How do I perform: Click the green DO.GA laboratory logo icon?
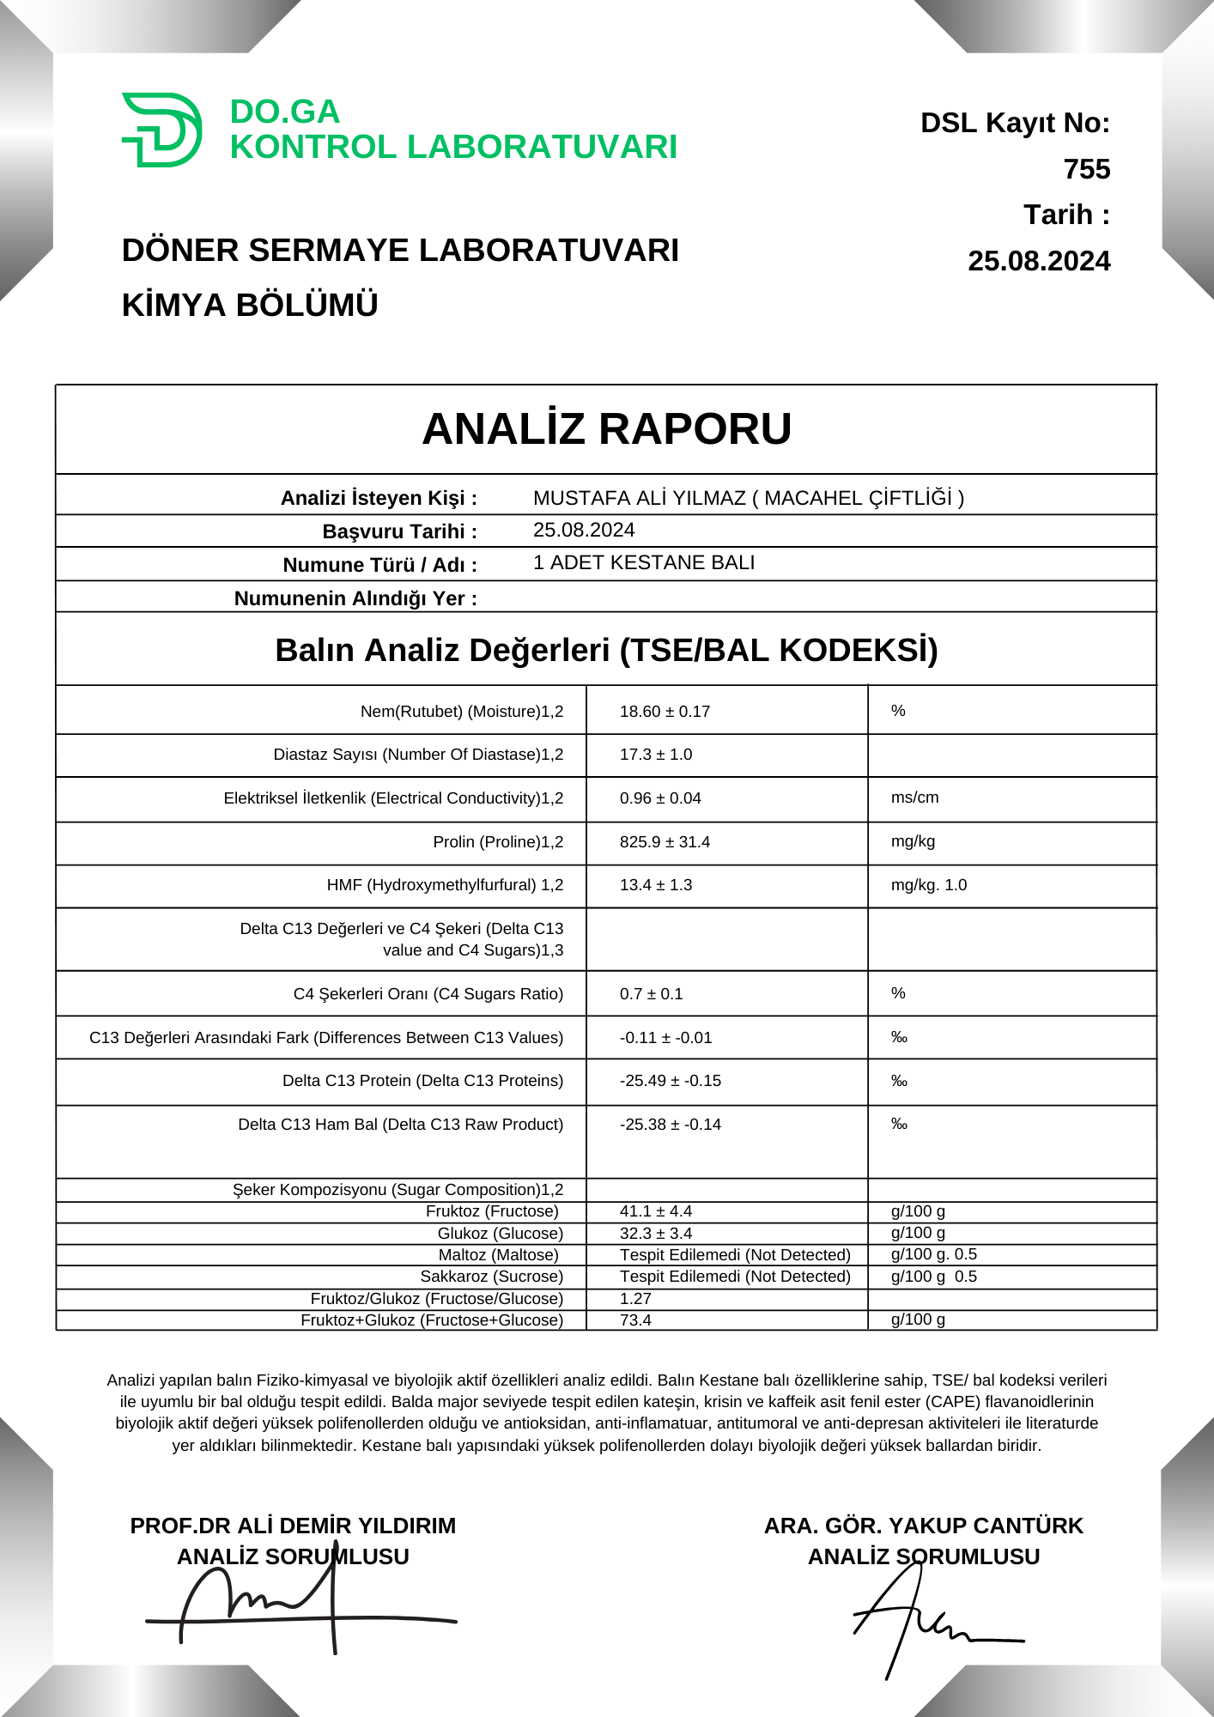point(162,130)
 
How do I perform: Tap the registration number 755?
point(1086,169)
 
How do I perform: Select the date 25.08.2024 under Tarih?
point(1039,261)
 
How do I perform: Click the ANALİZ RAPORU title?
point(606,429)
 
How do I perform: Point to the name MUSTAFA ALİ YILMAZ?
point(639,498)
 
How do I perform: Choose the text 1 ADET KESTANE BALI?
point(644,562)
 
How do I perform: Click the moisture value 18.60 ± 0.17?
point(665,711)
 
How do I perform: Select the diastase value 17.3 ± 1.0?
point(656,754)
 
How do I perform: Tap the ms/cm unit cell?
point(914,798)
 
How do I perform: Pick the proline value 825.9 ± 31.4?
point(665,841)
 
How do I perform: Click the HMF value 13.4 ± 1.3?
point(656,884)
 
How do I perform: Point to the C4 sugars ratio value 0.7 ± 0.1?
point(651,993)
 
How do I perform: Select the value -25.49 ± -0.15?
point(670,1080)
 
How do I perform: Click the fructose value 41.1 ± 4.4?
point(656,1211)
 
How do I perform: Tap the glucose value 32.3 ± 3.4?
point(656,1234)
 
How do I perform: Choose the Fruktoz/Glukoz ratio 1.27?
point(635,1299)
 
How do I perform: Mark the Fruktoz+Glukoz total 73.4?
point(635,1320)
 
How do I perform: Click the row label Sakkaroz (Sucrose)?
point(492,1277)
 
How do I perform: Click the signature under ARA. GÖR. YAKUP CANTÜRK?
point(927,1623)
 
